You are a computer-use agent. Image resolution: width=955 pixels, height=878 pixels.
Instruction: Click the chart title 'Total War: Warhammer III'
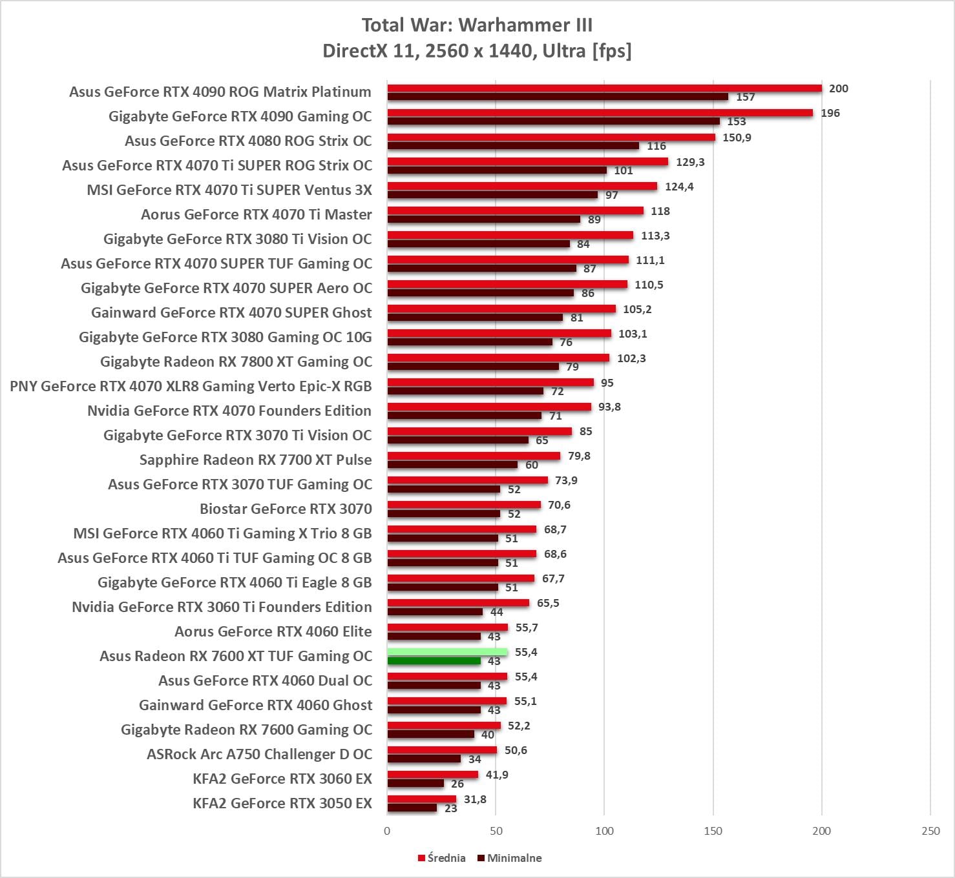click(x=477, y=25)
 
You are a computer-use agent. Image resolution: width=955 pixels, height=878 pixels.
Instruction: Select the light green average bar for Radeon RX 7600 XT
click(x=447, y=652)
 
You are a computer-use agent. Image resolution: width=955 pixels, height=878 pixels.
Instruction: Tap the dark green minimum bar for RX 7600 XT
click(x=434, y=661)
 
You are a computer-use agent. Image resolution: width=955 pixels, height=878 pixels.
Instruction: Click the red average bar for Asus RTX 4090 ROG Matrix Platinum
click(x=604, y=88)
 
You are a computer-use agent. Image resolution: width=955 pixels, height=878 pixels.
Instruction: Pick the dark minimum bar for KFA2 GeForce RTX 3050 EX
click(x=412, y=808)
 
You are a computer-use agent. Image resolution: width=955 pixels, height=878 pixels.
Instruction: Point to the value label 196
click(x=830, y=113)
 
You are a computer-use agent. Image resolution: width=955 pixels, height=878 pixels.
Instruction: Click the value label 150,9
click(x=737, y=138)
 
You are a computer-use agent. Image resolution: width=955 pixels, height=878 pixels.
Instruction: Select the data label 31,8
click(x=475, y=799)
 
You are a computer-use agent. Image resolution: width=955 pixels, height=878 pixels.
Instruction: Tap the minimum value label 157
click(x=745, y=97)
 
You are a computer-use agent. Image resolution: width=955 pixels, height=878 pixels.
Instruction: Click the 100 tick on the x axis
click(x=604, y=831)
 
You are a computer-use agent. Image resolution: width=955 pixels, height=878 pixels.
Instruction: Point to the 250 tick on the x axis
click(x=930, y=831)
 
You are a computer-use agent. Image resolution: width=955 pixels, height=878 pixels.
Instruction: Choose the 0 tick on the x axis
click(x=387, y=831)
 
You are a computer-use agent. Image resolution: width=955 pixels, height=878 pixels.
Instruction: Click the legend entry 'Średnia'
click(x=442, y=858)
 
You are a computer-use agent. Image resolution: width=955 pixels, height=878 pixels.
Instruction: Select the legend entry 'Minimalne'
click(x=510, y=858)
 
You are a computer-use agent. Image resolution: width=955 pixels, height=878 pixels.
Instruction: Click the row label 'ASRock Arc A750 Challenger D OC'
click(x=259, y=754)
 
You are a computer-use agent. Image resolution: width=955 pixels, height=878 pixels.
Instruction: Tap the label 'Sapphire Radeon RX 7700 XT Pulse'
click(x=255, y=460)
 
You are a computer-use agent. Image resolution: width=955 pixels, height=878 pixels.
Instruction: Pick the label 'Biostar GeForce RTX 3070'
click(x=286, y=509)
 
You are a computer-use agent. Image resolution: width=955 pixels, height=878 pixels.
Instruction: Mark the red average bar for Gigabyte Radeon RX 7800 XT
click(x=498, y=358)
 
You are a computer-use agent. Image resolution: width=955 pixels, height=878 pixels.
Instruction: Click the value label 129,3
click(x=690, y=162)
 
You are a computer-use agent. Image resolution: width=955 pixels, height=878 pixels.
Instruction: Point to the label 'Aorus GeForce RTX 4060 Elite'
click(x=273, y=631)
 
